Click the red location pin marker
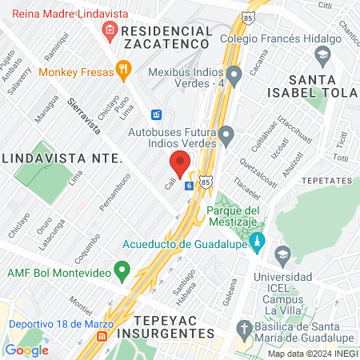coord(180,163)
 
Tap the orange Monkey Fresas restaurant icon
coord(122,70)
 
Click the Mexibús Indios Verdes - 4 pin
coord(234,76)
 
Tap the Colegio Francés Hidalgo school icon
coord(323,55)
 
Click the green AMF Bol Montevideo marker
coord(122,270)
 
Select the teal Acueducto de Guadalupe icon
coord(257,240)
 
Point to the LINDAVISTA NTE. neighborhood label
coord(61,158)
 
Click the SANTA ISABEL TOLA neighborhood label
coord(323,87)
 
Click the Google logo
coord(26,349)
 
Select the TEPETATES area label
coord(329,181)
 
